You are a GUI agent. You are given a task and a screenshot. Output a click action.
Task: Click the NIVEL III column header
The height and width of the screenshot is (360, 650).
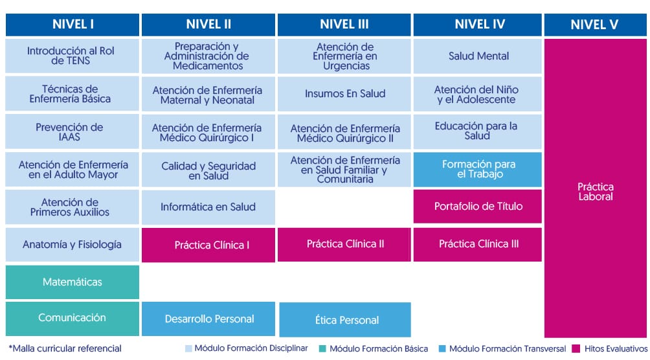pos(344,25)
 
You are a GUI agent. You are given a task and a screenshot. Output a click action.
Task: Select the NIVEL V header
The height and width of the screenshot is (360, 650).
pos(595,25)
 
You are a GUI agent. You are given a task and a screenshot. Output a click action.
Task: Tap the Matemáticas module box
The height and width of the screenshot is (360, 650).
pos(72,282)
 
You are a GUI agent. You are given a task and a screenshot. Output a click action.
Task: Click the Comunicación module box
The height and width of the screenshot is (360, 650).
pos(72,318)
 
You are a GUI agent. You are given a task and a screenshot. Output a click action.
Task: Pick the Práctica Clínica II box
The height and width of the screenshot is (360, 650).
pos(344,244)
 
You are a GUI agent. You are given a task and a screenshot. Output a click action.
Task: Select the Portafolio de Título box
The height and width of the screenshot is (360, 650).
pos(478,206)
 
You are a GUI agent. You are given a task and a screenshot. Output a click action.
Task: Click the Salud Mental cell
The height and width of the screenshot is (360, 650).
pos(478,56)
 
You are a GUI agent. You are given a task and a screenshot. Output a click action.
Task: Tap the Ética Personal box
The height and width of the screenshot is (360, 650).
pos(345,320)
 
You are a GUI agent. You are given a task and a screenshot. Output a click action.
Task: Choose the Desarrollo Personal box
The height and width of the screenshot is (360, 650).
pos(208,319)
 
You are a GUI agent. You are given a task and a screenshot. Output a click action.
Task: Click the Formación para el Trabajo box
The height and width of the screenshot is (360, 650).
pos(478,169)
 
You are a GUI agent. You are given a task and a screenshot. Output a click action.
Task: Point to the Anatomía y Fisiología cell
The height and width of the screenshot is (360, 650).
pos(72,244)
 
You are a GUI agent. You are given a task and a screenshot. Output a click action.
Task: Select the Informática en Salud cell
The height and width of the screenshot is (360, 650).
pos(208,207)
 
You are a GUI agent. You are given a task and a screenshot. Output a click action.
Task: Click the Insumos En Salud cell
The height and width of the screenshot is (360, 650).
pos(344,94)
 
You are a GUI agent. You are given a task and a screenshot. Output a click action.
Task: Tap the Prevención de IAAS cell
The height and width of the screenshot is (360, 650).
pos(72,131)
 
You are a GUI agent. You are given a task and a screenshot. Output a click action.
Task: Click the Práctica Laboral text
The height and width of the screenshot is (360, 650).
pos(596,192)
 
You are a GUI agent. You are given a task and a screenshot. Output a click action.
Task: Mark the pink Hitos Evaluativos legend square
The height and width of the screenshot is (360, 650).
pos(576,349)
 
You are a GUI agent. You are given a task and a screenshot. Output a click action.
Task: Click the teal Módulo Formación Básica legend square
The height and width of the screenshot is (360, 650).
pos(322,349)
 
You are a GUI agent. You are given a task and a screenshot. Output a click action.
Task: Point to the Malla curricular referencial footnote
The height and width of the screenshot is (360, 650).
pos(65,348)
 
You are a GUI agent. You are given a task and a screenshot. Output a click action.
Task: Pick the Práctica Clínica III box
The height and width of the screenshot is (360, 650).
pos(478,244)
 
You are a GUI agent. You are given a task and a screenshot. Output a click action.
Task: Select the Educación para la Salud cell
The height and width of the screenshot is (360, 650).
pos(478,131)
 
